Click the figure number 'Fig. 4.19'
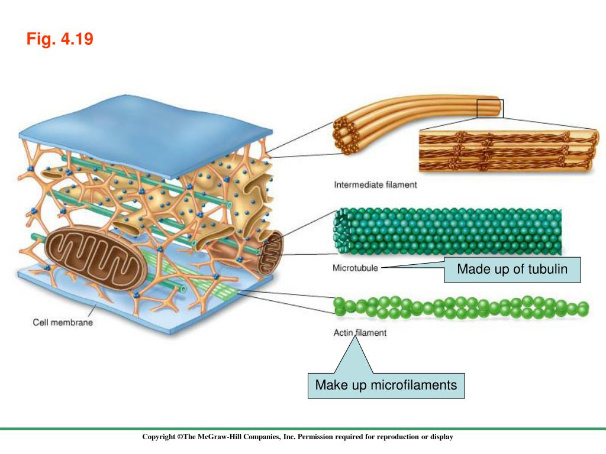(60, 40)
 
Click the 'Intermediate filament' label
(375, 185)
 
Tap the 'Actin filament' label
(360, 333)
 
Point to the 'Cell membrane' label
(62, 323)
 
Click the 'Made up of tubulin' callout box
(512, 270)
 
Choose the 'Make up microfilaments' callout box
(386, 385)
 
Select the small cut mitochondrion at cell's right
(269, 251)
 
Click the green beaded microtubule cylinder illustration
(450, 231)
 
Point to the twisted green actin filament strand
(462, 307)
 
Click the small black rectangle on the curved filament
(490, 109)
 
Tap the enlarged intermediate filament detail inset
(505, 152)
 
